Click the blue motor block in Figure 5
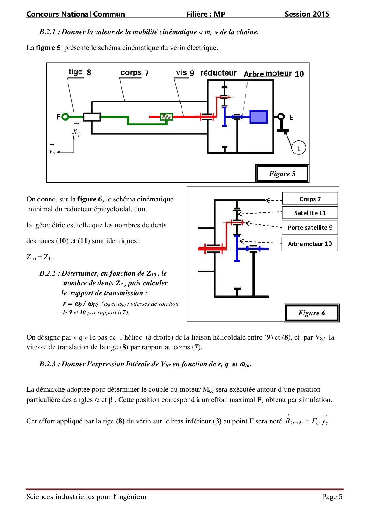pos(258,117)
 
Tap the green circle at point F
pos(65,117)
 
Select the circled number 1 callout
pos(298,148)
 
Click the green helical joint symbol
pos(166,117)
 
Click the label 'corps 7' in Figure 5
pos(135,73)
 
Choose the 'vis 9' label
pos(185,73)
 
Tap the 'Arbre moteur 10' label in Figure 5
pos(273,74)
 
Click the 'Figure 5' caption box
pos(282,174)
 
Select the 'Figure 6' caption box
pos(312,313)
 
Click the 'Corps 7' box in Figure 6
pos(310,199)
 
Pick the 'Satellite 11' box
pos(310,213)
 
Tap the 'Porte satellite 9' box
pos(310,228)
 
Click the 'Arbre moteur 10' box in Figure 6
pos(310,244)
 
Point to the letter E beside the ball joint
pos(291,117)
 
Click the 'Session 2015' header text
pos(307,14)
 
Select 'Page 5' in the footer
pos(332,497)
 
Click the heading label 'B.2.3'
pos(48,364)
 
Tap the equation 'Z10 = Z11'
pos(40,257)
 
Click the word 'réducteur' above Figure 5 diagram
pos(218,73)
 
